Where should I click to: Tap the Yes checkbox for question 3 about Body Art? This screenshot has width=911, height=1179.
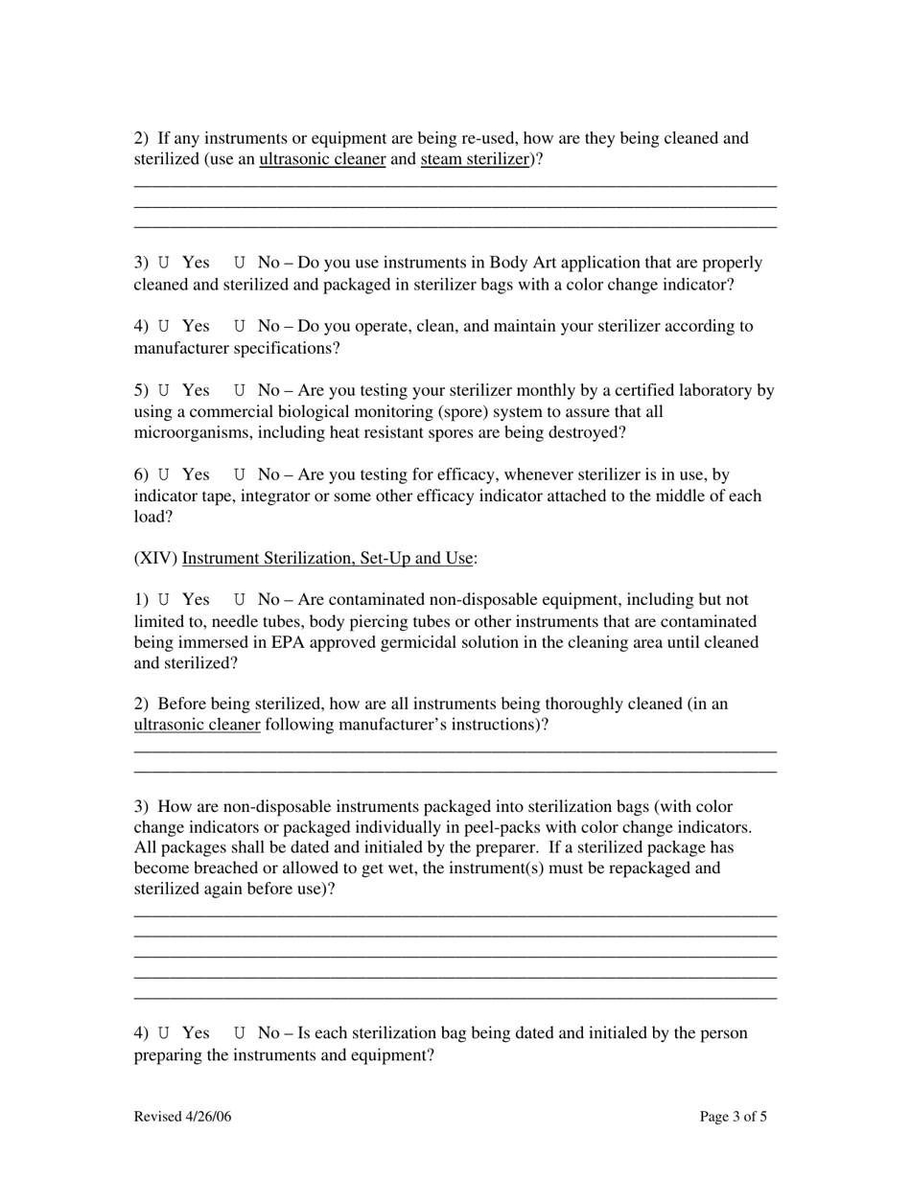164,263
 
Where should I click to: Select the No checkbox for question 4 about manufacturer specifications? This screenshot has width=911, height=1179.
240,326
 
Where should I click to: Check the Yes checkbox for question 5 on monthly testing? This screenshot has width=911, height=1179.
164,390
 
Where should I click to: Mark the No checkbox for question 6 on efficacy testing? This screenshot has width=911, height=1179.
240,474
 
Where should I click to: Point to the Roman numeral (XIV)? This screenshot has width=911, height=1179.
155,558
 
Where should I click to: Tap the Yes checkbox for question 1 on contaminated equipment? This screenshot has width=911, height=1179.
164,600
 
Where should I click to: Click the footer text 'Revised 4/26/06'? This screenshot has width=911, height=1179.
183,1117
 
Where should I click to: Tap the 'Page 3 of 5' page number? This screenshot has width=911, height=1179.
734,1117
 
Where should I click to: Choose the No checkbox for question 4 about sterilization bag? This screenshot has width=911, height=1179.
240,1033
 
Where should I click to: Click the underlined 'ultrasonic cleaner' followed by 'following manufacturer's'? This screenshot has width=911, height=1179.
197,725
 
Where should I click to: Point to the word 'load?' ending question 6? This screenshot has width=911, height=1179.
153,518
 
